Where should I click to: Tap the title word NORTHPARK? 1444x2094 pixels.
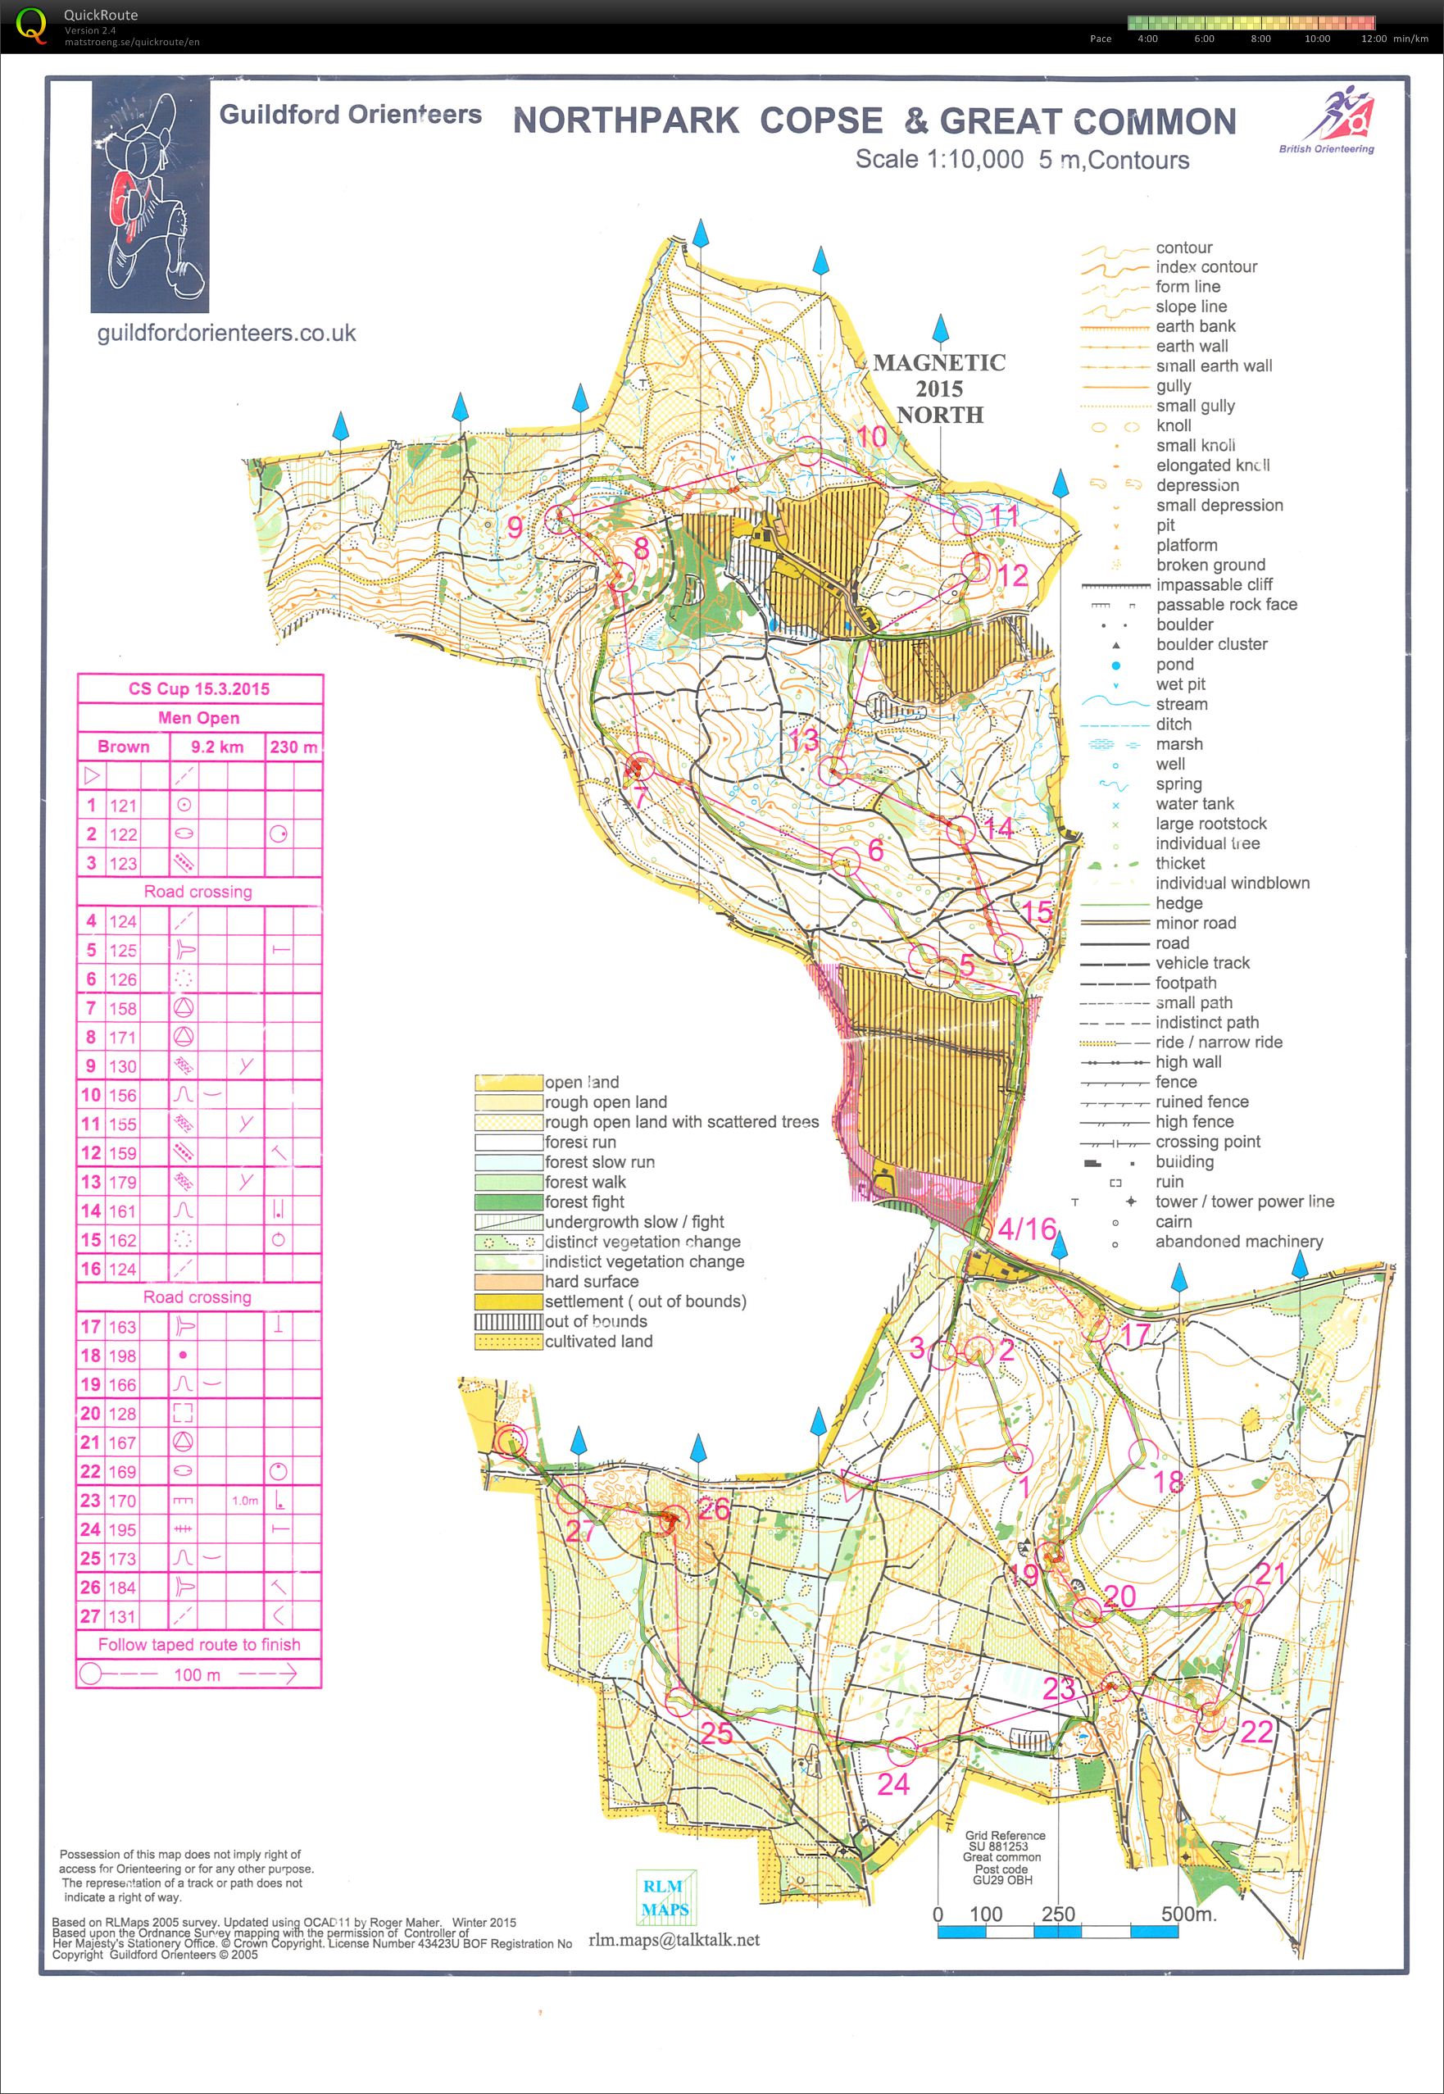pos(625,120)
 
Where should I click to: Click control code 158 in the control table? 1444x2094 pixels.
pos(123,1009)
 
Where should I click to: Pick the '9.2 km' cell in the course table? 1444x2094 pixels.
pos(217,747)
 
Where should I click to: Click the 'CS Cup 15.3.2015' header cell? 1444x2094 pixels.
pos(199,688)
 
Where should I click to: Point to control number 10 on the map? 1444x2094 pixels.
pos(871,437)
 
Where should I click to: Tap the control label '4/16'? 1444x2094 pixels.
pos(1027,1229)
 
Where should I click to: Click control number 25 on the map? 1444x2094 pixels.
pos(716,1733)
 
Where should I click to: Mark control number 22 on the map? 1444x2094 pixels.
pos(1256,1731)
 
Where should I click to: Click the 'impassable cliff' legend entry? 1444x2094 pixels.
pos(1212,585)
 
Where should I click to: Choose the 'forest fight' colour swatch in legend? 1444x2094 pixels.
pos(507,1202)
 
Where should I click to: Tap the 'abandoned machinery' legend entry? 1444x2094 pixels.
pos(1237,1242)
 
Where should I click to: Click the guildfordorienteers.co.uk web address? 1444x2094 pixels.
pos(226,334)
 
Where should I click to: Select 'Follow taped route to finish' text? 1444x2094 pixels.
pos(199,1644)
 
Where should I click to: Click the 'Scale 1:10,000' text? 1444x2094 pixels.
pos(939,159)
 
